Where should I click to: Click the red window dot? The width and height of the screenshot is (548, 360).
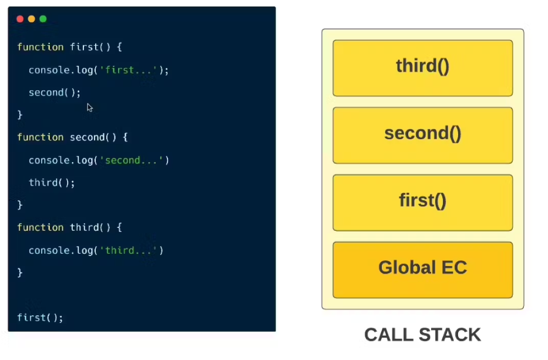(20, 19)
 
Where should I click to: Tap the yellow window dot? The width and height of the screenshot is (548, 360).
(32, 19)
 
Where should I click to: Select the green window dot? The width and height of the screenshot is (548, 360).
(43, 19)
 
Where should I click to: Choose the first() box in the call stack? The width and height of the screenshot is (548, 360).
(422, 202)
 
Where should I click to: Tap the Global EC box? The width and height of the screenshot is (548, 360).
(422, 270)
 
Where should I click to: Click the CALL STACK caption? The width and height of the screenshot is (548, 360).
(422, 335)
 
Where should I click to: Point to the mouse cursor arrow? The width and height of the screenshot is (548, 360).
(89, 107)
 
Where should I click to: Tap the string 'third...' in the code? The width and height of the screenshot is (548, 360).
(131, 250)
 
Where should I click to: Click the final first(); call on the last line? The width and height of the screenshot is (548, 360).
(40, 318)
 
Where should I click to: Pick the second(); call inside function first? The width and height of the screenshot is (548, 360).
(55, 93)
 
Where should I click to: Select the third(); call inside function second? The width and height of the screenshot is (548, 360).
(52, 183)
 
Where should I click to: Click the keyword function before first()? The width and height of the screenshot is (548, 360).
(40, 47)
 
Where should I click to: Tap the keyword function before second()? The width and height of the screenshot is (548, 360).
(40, 137)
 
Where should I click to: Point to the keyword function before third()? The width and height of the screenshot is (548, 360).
(40, 228)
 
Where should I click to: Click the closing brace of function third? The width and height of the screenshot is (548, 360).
(20, 273)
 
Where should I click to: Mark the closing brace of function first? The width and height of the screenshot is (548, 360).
(20, 115)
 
